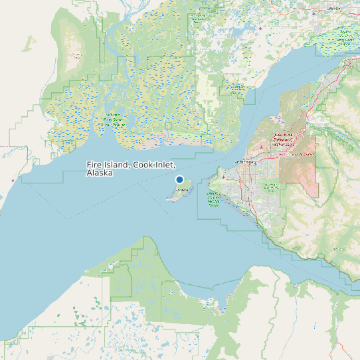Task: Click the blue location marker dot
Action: [x=179, y=179]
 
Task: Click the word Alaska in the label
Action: [x=100, y=173]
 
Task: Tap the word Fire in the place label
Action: [x=95, y=165]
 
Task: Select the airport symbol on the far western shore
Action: [x=12, y=180]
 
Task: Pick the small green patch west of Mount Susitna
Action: [x=29, y=44]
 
